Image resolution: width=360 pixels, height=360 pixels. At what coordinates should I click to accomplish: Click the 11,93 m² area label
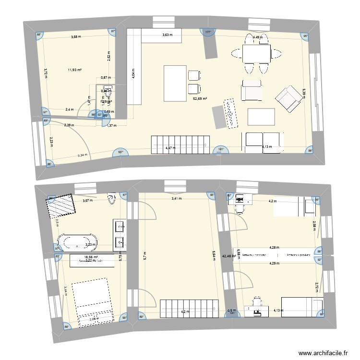74,70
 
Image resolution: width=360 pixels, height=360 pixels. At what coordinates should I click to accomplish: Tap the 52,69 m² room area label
200,99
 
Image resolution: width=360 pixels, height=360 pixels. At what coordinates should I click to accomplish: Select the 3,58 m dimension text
76,37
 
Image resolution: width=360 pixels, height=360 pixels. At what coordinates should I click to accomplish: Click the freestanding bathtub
78,241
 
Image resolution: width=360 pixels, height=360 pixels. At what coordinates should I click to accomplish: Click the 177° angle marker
208,33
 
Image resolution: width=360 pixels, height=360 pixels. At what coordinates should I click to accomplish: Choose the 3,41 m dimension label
178,198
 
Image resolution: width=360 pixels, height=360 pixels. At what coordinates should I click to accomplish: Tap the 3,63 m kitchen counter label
167,35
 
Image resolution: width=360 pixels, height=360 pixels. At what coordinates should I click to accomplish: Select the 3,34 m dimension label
83,155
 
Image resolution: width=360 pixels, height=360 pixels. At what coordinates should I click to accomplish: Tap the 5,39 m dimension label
304,92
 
